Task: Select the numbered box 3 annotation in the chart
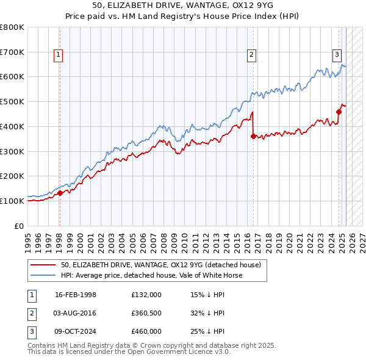click(x=337, y=54)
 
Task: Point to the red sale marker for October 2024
click(x=339, y=111)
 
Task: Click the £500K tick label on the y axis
click(x=12, y=101)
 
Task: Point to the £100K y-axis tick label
click(x=12, y=201)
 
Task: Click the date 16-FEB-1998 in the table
click(x=76, y=295)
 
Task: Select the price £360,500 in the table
click(x=146, y=313)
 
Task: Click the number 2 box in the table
click(x=31, y=313)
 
